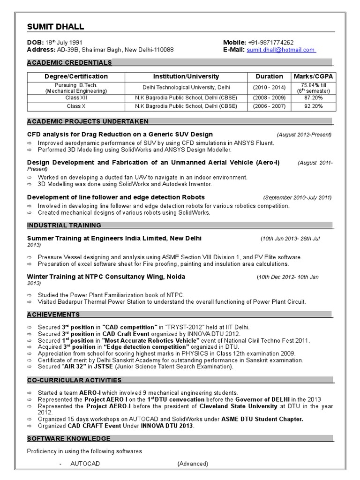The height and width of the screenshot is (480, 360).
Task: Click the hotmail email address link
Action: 281,50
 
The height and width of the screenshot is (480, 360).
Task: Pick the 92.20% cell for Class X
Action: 314,106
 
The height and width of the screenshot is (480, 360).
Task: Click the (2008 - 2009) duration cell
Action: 269,98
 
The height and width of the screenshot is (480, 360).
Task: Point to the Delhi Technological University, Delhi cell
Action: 186,88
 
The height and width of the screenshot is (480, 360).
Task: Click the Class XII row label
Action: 76,98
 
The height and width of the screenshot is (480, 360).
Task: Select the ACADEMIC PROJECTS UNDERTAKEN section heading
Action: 88,121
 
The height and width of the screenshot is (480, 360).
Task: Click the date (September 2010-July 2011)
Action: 297,198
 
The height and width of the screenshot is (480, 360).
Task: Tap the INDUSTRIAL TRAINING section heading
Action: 64,225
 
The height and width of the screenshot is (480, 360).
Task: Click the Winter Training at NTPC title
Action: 106,277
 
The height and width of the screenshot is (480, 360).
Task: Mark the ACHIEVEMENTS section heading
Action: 53,315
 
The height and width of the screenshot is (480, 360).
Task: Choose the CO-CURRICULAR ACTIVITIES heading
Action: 74,380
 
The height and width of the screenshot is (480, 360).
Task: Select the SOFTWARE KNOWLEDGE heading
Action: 69,439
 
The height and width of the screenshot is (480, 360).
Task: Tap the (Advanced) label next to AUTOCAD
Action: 193,464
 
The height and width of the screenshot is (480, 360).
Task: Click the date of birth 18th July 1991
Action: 63,42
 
